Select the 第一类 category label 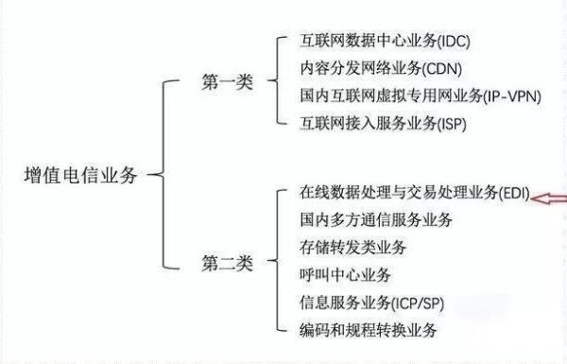tap(227, 82)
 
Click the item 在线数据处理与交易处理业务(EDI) tap(413, 194)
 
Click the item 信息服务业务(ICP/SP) tap(369, 303)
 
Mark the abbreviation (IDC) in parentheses tap(449, 43)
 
